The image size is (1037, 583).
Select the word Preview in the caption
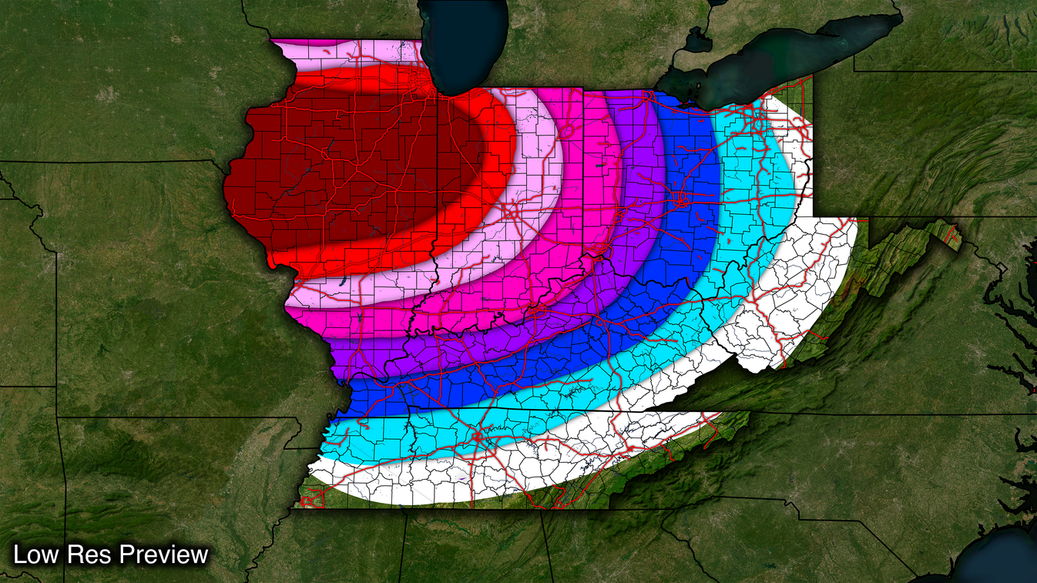tap(163, 555)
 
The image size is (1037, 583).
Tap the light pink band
tap(532, 154)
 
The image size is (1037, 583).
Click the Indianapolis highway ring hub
tap(511, 209)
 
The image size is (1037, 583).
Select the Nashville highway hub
tap(478, 437)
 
